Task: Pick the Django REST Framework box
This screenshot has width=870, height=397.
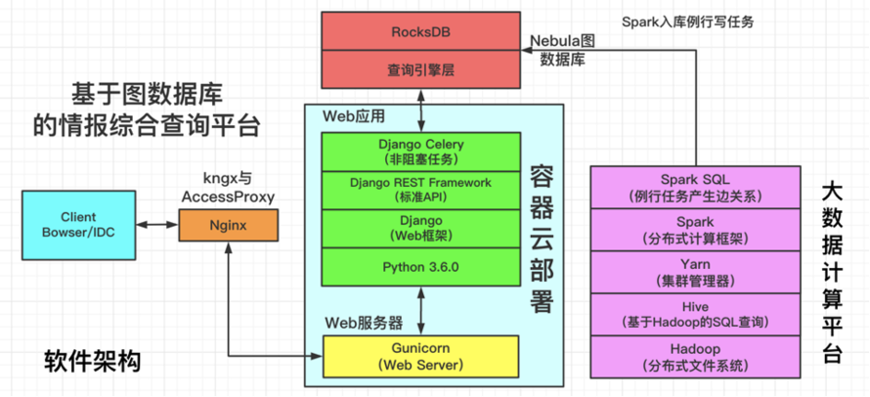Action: pyautogui.click(x=420, y=189)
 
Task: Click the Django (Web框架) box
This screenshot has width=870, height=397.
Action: pyautogui.click(x=420, y=228)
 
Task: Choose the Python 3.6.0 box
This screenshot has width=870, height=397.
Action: pyautogui.click(x=420, y=266)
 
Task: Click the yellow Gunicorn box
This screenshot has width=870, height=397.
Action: pyautogui.click(x=420, y=358)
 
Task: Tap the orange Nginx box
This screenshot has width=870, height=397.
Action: pyautogui.click(x=227, y=225)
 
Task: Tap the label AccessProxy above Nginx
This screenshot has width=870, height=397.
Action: pyautogui.click(x=228, y=197)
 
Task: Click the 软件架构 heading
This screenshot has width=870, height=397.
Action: pyautogui.click(x=93, y=362)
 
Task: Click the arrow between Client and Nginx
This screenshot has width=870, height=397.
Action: pyautogui.click(x=157, y=225)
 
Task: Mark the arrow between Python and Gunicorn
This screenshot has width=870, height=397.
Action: pyautogui.click(x=420, y=311)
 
